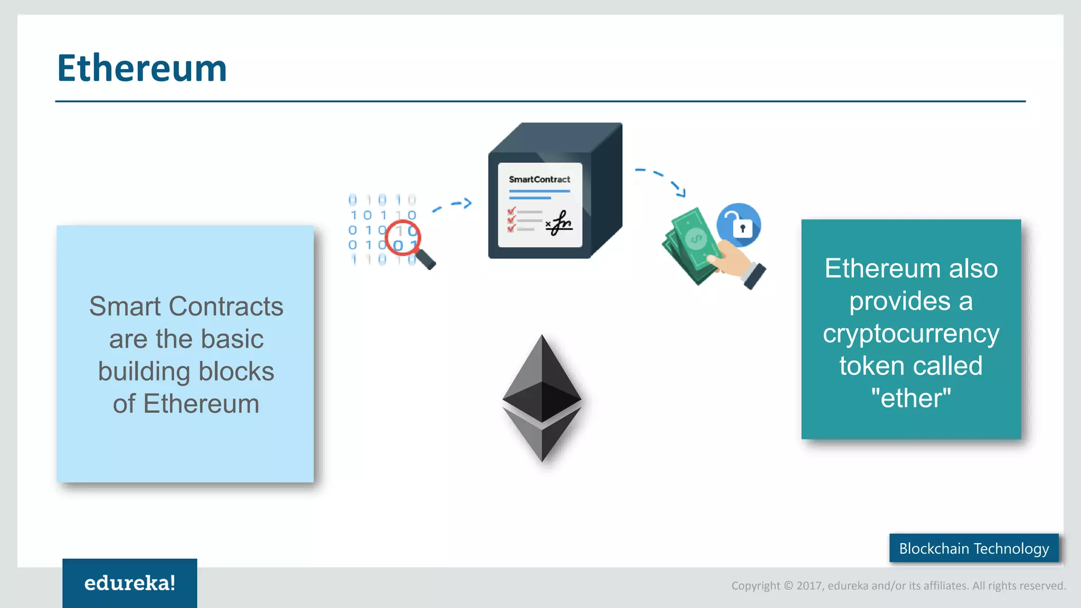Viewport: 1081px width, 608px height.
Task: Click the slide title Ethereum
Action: (x=142, y=68)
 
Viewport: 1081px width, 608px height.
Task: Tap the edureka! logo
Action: (x=129, y=583)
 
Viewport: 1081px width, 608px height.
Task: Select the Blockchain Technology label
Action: (x=974, y=548)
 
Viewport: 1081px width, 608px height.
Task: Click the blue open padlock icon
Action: (x=738, y=225)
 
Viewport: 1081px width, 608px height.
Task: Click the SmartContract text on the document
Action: (x=539, y=179)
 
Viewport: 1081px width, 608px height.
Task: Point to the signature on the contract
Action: (x=560, y=223)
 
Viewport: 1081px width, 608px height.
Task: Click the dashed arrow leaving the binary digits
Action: (x=452, y=205)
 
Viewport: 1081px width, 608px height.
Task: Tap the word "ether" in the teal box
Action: (x=911, y=398)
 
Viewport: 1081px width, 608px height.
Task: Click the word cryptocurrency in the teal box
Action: (x=911, y=334)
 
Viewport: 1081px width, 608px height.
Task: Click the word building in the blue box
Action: (x=144, y=372)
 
